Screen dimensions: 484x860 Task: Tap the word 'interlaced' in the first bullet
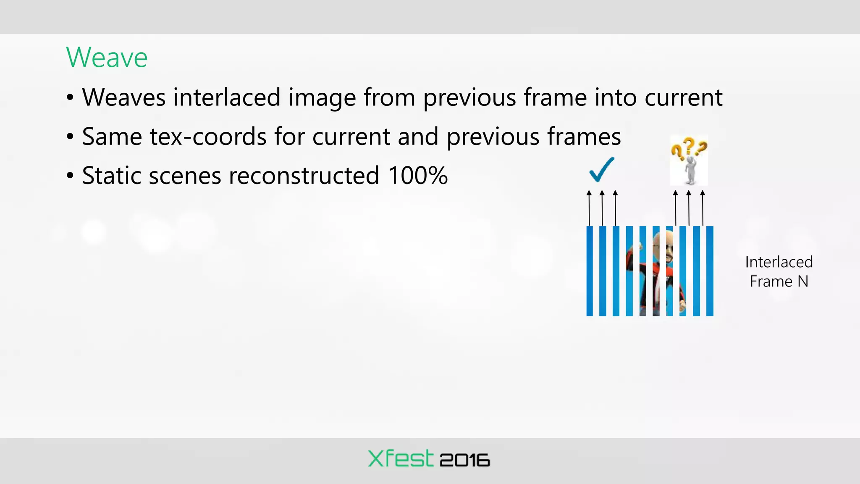tap(227, 97)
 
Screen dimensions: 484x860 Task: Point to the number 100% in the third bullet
tap(417, 175)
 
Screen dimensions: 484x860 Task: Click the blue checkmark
tap(601, 169)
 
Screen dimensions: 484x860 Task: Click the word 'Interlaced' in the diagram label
tap(779, 262)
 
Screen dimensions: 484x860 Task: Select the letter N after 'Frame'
tap(802, 281)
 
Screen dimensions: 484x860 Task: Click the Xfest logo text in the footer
tap(400, 458)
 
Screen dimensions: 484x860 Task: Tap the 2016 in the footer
tap(464, 460)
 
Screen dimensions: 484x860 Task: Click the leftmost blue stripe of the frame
tap(590, 271)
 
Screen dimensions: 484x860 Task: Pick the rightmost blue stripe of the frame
tap(710, 271)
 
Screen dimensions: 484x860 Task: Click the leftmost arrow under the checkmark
tap(589, 208)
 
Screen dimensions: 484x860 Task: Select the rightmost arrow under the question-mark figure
tap(703, 208)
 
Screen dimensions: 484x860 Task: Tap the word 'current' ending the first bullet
tap(683, 97)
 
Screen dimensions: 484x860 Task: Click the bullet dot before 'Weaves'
tap(70, 98)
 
